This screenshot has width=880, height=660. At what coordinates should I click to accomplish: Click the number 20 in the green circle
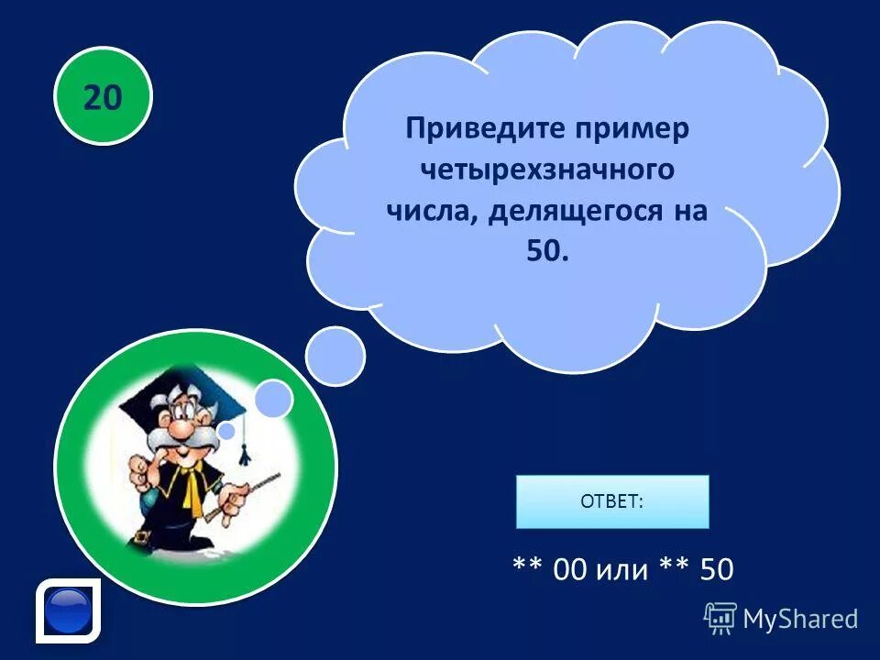[x=103, y=96]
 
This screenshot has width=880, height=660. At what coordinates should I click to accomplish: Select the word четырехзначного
[x=547, y=170]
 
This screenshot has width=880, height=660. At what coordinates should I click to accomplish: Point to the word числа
[x=431, y=212]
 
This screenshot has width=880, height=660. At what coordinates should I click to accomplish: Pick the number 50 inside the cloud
[x=547, y=252]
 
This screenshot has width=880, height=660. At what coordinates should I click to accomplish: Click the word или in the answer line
[x=622, y=570]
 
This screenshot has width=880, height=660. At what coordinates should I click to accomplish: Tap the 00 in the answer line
[x=569, y=570]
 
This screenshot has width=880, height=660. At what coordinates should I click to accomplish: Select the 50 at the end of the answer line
[x=716, y=570]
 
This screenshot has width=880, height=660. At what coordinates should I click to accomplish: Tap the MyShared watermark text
[x=800, y=619]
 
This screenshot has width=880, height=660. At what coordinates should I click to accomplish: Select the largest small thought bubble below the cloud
[x=335, y=356]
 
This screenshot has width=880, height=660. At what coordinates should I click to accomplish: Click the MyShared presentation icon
[x=720, y=618]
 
